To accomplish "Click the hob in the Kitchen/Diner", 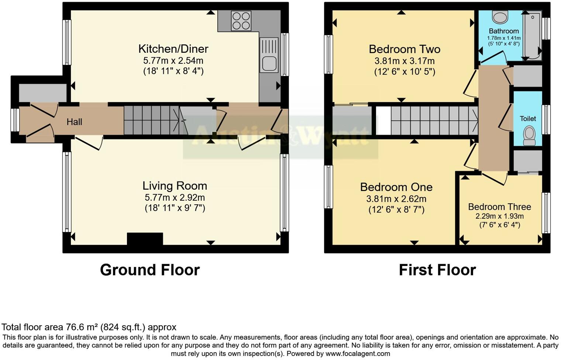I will pyautogui.click(x=241, y=21).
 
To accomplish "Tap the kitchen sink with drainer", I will pyautogui.click(x=269, y=55).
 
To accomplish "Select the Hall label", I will pyautogui.click(x=74, y=122).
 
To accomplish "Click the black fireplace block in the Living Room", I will pyautogui.click(x=145, y=239).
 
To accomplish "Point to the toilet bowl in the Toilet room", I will pyautogui.click(x=529, y=135).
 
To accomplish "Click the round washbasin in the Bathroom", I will pyautogui.click(x=500, y=17).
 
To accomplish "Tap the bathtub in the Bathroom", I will pyautogui.click(x=533, y=35).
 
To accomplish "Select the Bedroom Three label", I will pyautogui.click(x=499, y=207).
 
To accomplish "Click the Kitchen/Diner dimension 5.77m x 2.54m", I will pyautogui.click(x=173, y=60).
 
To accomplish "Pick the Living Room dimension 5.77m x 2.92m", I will pyautogui.click(x=175, y=198).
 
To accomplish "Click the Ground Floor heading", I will pyautogui.click(x=150, y=270).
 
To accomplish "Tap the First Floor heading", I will pyautogui.click(x=437, y=270).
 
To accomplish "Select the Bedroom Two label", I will pyautogui.click(x=405, y=49).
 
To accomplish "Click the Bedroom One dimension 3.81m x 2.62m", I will pyautogui.click(x=396, y=199).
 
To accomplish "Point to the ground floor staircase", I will pyautogui.click(x=151, y=120).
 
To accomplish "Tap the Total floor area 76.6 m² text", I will pyautogui.click(x=89, y=327).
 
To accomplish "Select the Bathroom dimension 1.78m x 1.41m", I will pyautogui.click(x=504, y=38).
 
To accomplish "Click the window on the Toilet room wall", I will pyautogui.click(x=546, y=119).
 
